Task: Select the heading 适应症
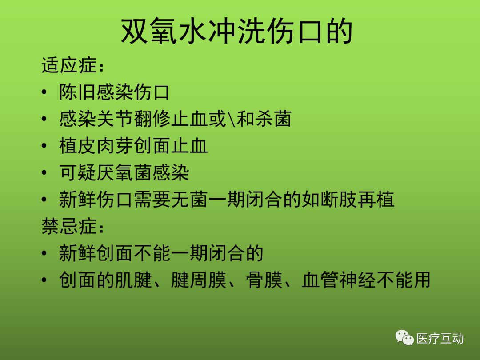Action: point(69,65)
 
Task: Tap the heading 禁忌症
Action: point(69,227)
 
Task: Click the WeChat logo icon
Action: point(404,338)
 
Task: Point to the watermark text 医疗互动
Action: point(440,339)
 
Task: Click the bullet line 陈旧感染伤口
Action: point(114,92)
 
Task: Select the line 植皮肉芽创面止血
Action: point(133,146)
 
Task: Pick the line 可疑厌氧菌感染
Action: point(124,172)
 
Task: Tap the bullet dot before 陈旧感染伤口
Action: point(44,92)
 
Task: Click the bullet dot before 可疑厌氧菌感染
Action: point(44,173)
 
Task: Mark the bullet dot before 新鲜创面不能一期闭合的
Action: point(44,253)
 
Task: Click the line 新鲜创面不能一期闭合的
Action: point(161,253)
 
